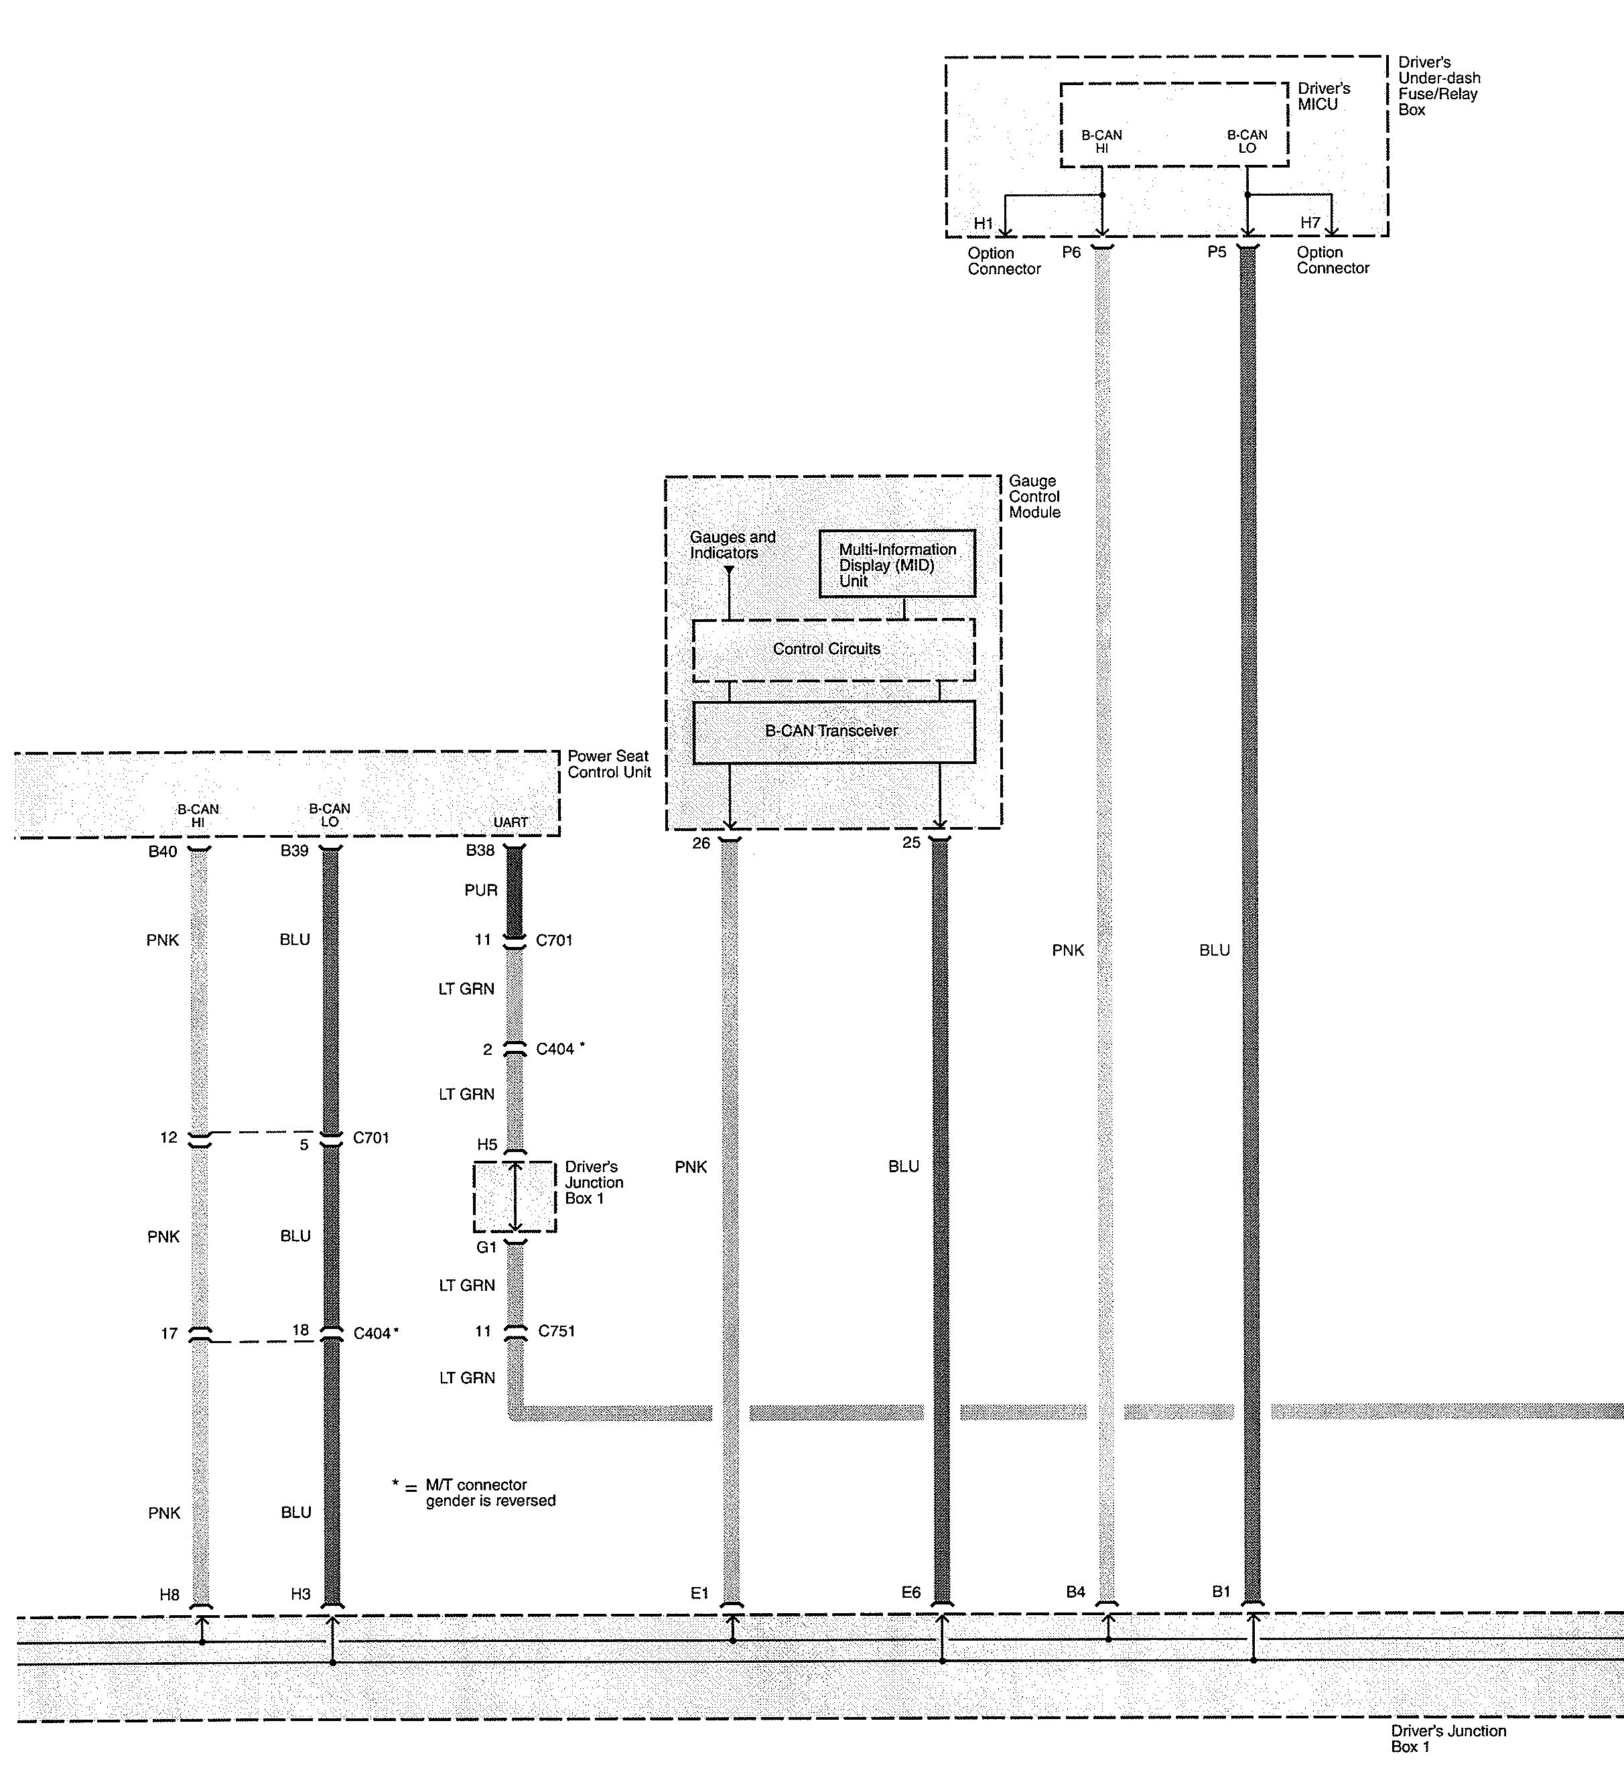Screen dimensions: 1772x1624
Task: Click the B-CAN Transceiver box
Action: pos(833,731)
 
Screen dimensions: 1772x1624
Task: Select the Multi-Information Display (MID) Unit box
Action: pos(897,564)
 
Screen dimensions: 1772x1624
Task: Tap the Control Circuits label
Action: pos(826,649)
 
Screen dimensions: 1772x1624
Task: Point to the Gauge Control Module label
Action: pos(1034,497)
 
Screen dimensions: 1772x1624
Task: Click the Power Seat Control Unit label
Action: pos(609,764)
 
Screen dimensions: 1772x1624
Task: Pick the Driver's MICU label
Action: pos(1323,97)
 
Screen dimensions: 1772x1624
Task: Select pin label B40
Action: pos(163,851)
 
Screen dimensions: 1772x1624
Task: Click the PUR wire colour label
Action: pos(480,891)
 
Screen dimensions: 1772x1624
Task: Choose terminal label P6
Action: pos(1071,252)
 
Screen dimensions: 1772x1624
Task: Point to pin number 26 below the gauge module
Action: pos(700,843)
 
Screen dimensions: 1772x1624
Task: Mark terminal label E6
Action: pos(910,1592)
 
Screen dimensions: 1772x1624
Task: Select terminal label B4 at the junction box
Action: pos(1076,1591)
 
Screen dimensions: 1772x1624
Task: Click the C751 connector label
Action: pos(556,1331)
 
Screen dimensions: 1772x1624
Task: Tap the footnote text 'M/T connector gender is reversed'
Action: pos(490,1493)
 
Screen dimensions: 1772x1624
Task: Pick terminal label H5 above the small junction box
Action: pos(487,1145)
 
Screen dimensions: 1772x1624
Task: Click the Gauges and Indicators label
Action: pos(732,545)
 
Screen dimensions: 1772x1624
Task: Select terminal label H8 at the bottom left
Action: pos(170,1594)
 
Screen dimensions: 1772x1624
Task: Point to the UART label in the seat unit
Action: pos(511,823)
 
